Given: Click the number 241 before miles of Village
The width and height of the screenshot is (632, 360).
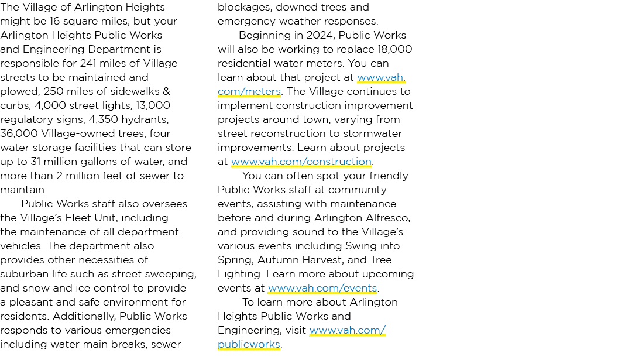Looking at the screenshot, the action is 88,63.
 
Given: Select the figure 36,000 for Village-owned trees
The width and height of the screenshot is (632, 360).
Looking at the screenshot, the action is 19,133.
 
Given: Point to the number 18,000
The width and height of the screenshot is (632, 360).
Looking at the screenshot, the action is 394,49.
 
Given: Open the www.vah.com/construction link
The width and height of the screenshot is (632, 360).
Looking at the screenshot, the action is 301,162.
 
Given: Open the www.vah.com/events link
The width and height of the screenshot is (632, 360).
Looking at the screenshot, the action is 322,288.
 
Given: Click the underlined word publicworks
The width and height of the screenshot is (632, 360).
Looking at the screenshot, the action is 249,344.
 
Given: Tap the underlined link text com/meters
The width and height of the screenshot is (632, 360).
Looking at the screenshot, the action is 249,91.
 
